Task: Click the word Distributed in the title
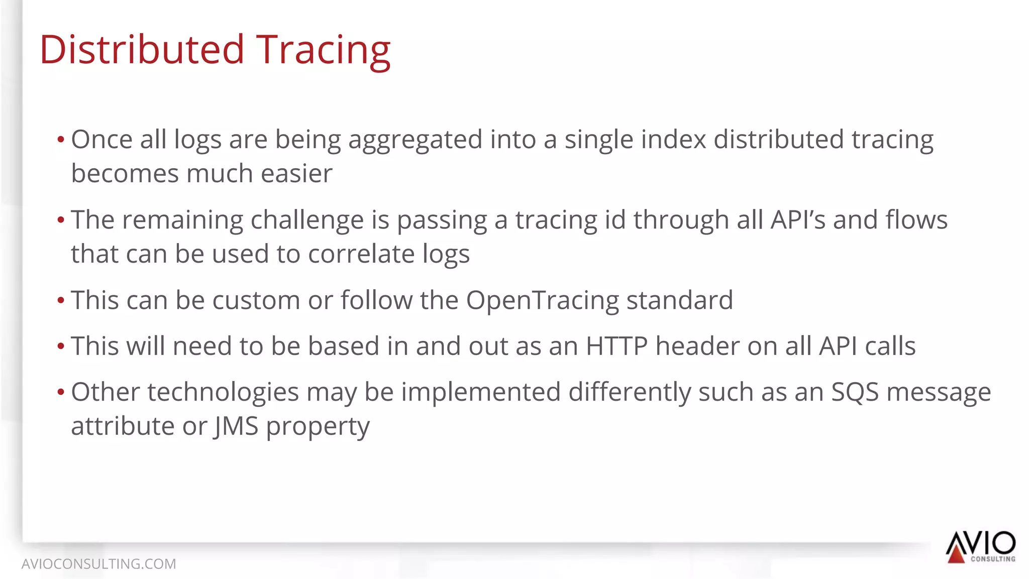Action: point(142,50)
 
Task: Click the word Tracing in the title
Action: point(324,50)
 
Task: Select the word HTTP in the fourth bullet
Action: point(616,346)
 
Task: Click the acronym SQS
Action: point(855,392)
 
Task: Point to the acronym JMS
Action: point(236,426)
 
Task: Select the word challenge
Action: point(307,220)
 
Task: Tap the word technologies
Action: point(223,392)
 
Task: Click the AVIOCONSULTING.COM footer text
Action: point(98,564)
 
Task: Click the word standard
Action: point(679,300)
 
